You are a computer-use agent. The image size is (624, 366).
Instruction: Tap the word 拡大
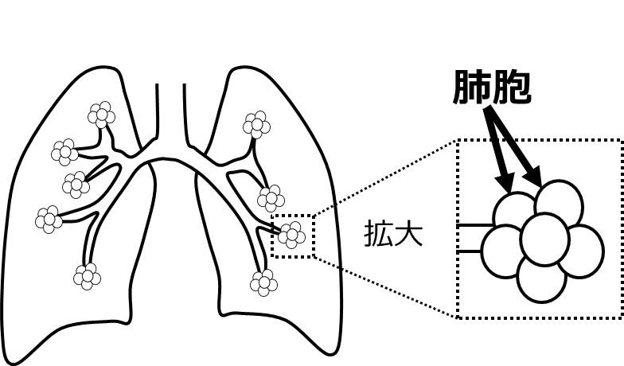click(392, 236)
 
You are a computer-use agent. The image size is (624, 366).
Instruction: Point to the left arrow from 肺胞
click(497, 156)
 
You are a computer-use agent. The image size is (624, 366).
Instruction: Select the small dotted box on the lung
click(293, 236)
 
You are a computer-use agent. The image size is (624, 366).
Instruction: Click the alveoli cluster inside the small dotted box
click(292, 234)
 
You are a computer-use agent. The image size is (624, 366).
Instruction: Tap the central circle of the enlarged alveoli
click(544, 237)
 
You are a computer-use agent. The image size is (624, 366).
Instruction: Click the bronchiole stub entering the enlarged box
click(473, 239)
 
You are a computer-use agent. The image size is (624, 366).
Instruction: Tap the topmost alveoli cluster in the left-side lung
click(101, 115)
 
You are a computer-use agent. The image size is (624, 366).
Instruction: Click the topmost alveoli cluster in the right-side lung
click(256, 124)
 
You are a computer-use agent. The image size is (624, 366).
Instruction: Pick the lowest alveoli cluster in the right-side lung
click(263, 282)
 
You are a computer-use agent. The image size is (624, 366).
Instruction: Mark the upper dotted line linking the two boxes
click(385, 178)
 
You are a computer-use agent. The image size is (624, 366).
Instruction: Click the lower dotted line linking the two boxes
click(385, 286)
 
